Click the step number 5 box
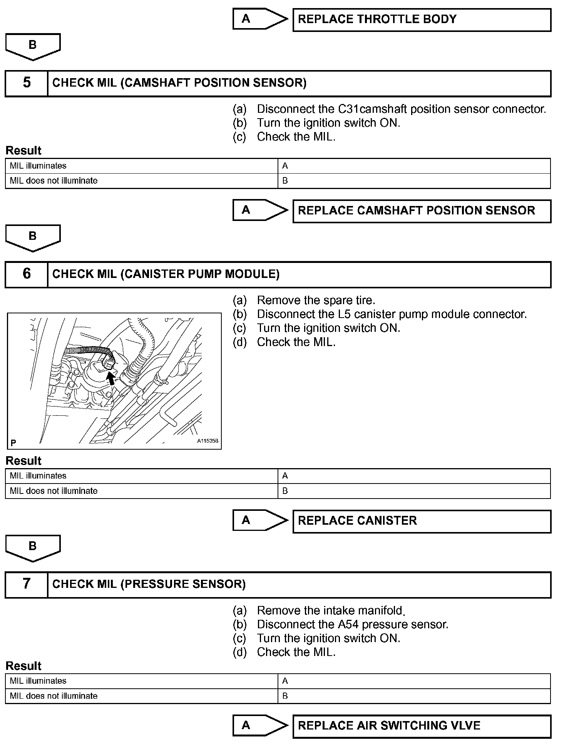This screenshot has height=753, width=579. click(x=27, y=83)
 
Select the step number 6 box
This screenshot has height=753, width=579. click(x=27, y=274)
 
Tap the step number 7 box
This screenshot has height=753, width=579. click(x=27, y=584)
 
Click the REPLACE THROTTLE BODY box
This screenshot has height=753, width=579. click(x=422, y=20)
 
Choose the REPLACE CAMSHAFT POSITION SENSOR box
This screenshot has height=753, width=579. click(x=422, y=211)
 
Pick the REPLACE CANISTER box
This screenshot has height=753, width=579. click(x=422, y=521)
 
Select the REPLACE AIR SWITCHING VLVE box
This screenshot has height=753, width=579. click(x=422, y=726)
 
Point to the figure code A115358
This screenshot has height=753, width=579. click(x=208, y=441)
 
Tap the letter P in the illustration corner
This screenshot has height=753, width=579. click(x=13, y=443)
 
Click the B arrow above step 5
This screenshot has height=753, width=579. click(x=33, y=46)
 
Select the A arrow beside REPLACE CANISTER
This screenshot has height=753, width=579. click(x=260, y=520)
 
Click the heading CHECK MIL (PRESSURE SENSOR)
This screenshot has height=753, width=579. click(x=149, y=584)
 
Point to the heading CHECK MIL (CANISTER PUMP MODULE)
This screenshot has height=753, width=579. click(x=166, y=274)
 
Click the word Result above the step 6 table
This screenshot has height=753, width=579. click(x=23, y=461)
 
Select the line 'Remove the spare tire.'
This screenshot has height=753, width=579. click(x=316, y=300)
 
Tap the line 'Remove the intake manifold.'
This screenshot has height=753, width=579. click(x=331, y=611)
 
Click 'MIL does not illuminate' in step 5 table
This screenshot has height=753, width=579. click(x=54, y=181)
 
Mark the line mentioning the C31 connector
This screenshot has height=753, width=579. click(x=401, y=109)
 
